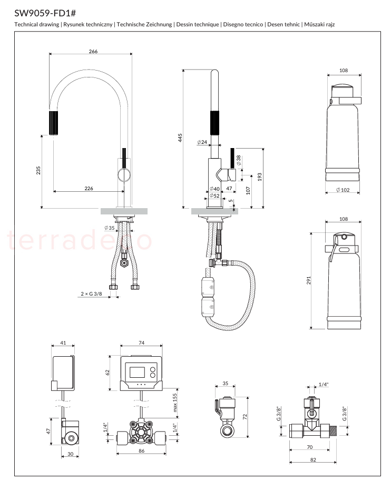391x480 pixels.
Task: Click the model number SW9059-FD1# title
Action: click(x=45, y=13)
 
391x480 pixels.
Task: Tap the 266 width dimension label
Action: click(x=93, y=52)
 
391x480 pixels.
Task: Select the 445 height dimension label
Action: click(x=180, y=138)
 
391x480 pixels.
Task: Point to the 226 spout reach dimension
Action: click(x=89, y=188)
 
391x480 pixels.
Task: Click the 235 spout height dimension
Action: click(x=38, y=171)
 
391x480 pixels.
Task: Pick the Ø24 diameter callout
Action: click(x=202, y=142)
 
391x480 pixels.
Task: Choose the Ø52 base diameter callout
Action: click(x=214, y=195)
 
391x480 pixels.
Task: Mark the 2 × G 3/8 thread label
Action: click(x=91, y=294)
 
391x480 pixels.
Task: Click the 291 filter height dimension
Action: click(x=309, y=280)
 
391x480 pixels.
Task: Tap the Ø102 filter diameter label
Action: click(x=343, y=190)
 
